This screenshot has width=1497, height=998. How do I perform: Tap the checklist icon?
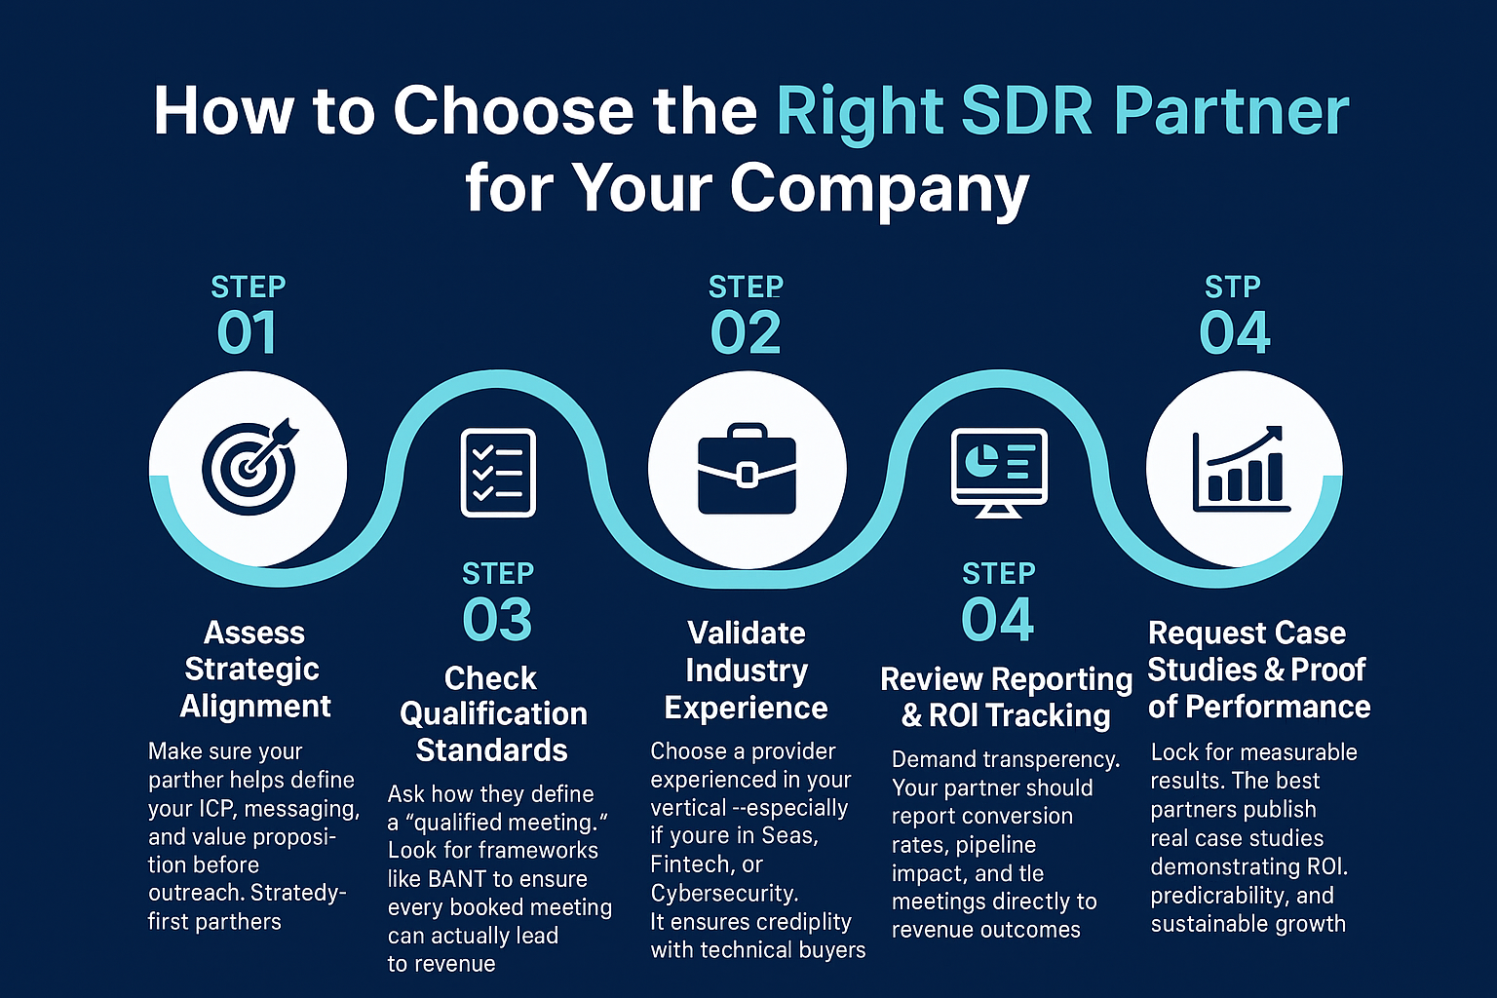(x=498, y=473)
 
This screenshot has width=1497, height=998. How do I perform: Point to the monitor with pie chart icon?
(x=999, y=473)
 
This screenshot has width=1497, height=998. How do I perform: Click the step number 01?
(x=247, y=333)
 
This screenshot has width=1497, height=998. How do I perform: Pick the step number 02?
(x=746, y=333)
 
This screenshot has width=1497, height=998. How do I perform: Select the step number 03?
(x=497, y=620)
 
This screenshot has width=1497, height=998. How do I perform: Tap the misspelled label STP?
(x=1233, y=288)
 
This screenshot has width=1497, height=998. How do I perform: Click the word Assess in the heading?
(x=254, y=633)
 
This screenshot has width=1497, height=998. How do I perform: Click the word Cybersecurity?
(x=724, y=893)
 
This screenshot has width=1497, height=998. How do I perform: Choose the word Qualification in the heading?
(x=493, y=714)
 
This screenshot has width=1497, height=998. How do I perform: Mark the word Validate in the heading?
(x=747, y=633)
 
